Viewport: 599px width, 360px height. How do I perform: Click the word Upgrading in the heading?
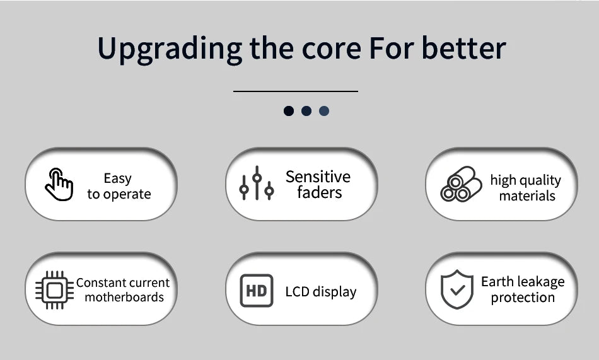coord(170,50)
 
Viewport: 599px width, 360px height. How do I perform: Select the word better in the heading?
coord(464,49)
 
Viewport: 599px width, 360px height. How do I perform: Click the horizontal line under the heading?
coord(295,91)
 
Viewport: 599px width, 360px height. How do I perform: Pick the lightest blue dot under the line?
coord(324,111)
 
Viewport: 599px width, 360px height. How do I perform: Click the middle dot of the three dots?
coord(306,111)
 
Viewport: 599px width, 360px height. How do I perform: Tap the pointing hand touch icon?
coord(59,184)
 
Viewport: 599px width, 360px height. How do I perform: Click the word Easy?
coord(118,178)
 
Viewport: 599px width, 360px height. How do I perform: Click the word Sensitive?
coord(318,177)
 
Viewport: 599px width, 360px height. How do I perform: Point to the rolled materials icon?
coord(461,184)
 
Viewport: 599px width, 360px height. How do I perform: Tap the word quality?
coord(539,180)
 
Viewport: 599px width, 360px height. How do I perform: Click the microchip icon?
coord(54,290)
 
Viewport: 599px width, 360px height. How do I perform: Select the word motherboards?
coord(124,297)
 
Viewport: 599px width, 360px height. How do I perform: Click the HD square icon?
coord(257,291)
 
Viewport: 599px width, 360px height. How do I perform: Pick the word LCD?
coord(297,291)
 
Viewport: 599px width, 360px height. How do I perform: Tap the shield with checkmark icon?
coord(457,289)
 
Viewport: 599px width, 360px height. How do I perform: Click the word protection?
coord(523,298)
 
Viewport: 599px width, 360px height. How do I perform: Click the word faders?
coord(320,192)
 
